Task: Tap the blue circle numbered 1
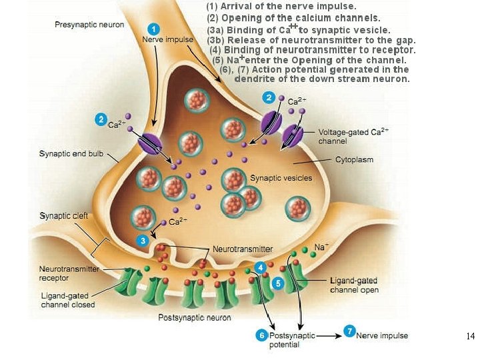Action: (x=154, y=29)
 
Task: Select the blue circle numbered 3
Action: (x=141, y=240)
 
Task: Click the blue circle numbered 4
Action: (x=261, y=267)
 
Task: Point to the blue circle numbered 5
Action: (x=279, y=283)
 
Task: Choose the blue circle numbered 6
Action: (x=263, y=335)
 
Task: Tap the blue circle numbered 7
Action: (x=349, y=331)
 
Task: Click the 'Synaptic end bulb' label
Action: (x=71, y=154)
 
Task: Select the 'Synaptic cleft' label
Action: (x=64, y=216)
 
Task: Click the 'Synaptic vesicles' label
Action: (x=276, y=178)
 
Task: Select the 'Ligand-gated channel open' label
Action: (x=355, y=285)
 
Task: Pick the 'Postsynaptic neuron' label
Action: (x=195, y=317)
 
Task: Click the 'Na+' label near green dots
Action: (x=322, y=247)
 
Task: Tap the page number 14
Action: (x=471, y=336)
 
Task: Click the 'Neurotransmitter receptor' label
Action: (x=69, y=273)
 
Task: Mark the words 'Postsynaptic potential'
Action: (x=288, y=340)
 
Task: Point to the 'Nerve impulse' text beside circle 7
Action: (x=382, y=335)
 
